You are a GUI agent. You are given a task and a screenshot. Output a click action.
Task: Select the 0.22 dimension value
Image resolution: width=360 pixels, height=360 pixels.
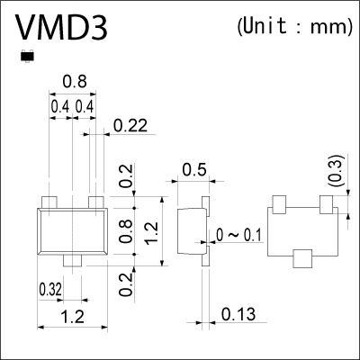tap(131, 128)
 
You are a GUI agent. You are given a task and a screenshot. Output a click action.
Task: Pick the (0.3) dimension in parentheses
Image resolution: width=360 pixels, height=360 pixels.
tap(335, 172)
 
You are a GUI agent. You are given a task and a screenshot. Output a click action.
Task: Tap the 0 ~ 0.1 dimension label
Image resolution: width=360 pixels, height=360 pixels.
tap(239, 236)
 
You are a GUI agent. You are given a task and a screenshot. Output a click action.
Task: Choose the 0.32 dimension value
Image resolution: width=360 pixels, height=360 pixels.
tap(50, 290)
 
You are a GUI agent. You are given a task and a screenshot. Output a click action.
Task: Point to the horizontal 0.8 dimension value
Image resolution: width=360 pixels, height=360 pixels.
tap(74, 83)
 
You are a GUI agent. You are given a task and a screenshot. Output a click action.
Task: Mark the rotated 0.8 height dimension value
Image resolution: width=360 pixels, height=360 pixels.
tap(126, 231)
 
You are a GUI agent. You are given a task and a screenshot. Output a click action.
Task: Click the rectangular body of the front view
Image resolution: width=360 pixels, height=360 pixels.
tap(71, 232)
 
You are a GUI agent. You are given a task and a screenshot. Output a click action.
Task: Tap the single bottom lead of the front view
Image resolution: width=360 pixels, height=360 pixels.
tap(71, 261)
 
